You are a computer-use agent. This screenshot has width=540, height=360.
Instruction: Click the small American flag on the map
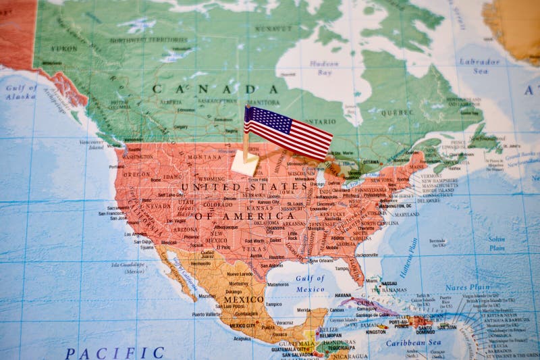click(288, 132)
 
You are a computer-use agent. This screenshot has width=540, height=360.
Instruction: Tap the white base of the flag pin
click(244, 163)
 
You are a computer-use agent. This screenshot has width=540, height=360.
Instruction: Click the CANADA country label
click(215, 89)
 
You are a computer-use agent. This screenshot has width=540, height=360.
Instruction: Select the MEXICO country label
click(244, 299)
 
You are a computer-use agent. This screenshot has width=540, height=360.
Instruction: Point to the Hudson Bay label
click(324, 68)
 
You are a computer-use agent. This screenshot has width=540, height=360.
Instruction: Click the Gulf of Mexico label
click(310, 284)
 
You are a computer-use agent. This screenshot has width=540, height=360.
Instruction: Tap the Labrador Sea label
click(480, 66)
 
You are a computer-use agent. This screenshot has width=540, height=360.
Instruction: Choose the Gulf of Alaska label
click(21, 92)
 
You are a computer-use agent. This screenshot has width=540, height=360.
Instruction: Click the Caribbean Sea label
click(414, 342)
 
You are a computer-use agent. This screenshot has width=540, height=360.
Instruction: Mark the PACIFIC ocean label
click(114, 353)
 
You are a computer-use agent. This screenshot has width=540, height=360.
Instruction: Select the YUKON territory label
click(64, 49)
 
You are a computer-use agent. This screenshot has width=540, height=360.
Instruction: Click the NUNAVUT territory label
click(273, 28)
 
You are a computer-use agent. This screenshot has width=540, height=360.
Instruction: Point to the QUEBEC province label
click(397, 113)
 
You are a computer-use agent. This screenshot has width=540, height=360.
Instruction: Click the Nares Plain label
click(467, 287)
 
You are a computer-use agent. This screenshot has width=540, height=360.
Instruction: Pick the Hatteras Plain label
click(410, 257)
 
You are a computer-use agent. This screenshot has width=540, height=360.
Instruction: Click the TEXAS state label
click(254, 249)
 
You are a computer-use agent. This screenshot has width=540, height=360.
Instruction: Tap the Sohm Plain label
click(497, 243)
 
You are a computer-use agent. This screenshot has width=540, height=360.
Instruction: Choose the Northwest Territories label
click(148, 40)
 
